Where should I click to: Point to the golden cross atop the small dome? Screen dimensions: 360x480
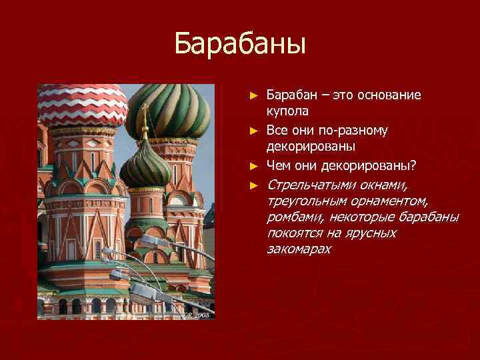[143, 120]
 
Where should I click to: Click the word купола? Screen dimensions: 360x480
[287, 111]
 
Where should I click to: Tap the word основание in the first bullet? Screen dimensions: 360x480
[388, 95]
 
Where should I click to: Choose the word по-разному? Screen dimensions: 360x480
[358, 129]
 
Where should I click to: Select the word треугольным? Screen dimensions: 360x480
[303, 201]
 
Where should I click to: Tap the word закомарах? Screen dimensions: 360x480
[298, 249]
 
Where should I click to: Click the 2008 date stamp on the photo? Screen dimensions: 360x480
[199, 313]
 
